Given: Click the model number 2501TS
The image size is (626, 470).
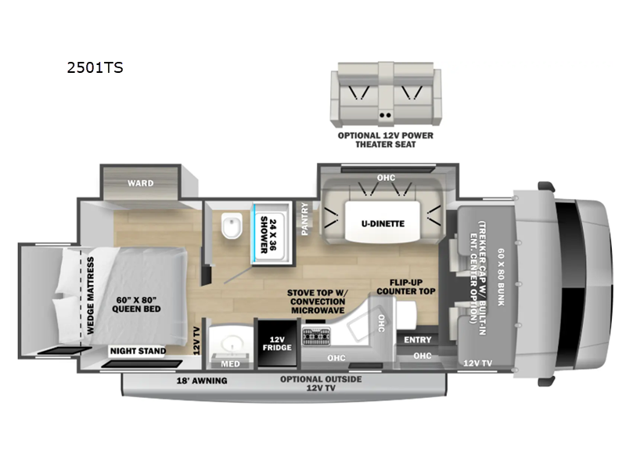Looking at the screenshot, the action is (x=95, y=68).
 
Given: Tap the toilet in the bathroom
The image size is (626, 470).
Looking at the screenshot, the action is (x=232, y=226).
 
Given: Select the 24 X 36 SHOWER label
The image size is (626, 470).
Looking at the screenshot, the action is (x=268, y=236).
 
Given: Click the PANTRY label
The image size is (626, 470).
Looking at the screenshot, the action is (x=305, y=219).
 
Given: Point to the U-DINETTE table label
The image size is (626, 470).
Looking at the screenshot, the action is (x=383, y=223).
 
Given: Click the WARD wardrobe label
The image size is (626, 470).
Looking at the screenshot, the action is (x=141, y=183).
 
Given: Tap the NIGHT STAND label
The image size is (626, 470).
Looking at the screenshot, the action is (x=139, y=351).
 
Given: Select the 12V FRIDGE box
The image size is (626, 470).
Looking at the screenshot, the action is (x=277, y=343).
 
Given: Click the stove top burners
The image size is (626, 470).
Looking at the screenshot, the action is (x=317, y=336).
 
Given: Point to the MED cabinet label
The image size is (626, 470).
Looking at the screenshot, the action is (x=231, y=363).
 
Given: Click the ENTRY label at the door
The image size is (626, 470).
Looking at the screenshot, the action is (x=418, y=340).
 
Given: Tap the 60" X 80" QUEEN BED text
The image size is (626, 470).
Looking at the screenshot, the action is (x=136, y=305).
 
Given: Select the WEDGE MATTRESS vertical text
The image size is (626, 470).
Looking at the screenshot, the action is (x=91, y=295).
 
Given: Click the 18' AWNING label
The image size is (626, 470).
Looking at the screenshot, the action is (x=202, y=381).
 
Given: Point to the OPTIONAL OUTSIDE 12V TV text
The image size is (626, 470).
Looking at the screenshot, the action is (x=321, y=383).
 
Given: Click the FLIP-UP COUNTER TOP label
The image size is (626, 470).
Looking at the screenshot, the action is (x=406, y=287).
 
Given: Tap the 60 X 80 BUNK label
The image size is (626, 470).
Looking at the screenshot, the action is (x=502, y=277).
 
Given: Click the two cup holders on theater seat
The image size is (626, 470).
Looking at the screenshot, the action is (x=385, y=115).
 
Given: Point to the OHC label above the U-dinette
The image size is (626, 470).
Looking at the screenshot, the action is (x=386, y=178).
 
